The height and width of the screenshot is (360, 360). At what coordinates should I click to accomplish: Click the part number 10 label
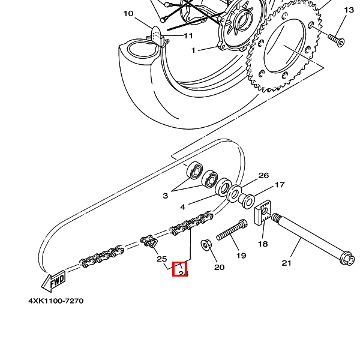[x=128, y=13]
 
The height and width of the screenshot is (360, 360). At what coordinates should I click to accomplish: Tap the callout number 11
[x=188, y=35]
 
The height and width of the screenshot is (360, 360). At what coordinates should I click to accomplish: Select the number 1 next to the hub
[x=193, y=50]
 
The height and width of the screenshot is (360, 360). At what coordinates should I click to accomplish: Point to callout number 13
[x=349, y=10]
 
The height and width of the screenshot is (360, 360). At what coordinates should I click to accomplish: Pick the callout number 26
[x=263, y=176]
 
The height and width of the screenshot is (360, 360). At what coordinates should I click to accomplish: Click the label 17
[x=280, y=185]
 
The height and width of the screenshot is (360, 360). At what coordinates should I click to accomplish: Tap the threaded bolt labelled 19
[x=232, y=230]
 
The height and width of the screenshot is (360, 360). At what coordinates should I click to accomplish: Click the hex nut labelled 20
[x=205, y=245]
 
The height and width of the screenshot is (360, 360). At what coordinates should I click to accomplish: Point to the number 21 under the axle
[x=287, y=263]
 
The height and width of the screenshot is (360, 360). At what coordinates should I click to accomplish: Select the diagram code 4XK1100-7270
[x=56, y=301]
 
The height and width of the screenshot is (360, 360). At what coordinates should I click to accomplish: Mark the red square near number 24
[x=180, y=269]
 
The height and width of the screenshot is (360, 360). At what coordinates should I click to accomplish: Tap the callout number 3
[x=165, y=196]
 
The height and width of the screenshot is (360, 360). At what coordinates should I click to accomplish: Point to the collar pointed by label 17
[x=247, y=198]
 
